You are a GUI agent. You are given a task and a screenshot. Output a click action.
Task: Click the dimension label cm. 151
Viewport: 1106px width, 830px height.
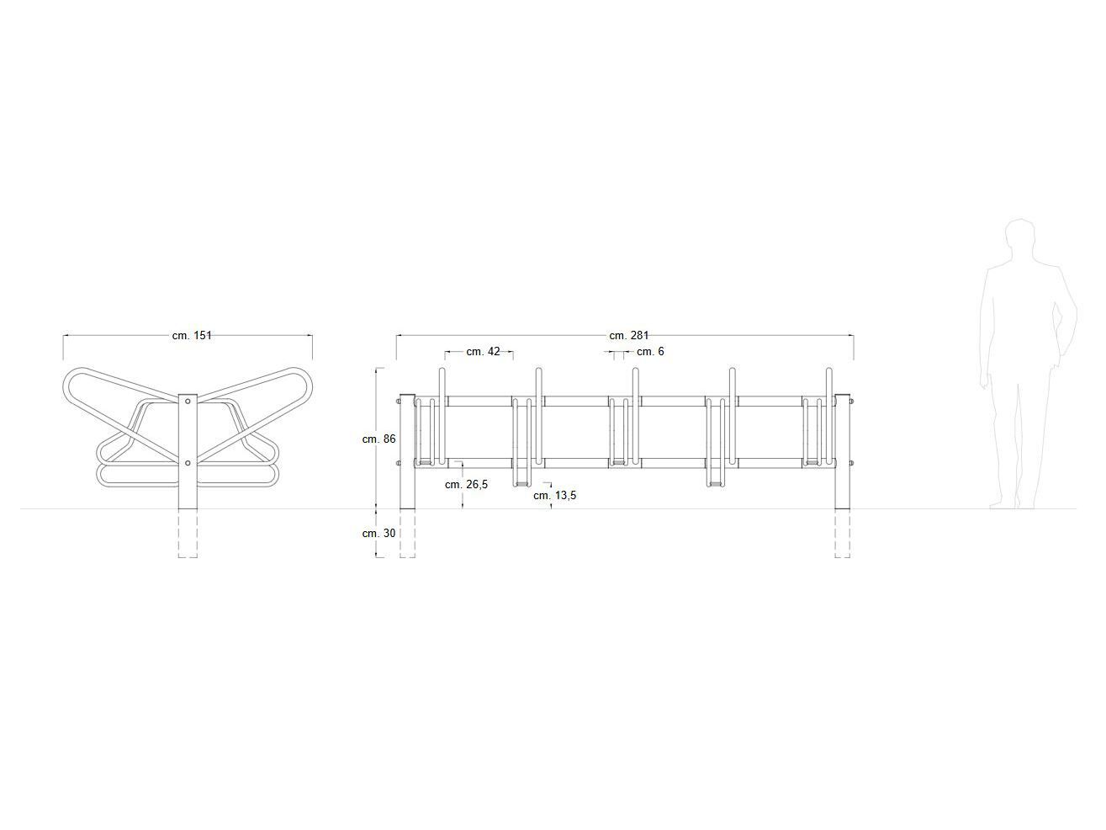click(192, 335)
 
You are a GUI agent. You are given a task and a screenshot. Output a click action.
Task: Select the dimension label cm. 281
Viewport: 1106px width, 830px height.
click(628, 335)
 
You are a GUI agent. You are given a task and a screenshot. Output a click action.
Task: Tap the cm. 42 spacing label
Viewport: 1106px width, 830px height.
click(483, 351)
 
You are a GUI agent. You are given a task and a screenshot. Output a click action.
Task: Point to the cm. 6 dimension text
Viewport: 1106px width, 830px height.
click(649, 351)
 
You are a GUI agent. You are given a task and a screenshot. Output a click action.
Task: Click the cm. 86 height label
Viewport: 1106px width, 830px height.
click(378, 439)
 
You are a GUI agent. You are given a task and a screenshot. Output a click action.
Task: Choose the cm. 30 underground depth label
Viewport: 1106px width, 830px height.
click(378, 533)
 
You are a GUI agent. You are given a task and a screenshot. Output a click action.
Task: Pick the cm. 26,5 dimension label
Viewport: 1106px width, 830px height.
click(466, 484)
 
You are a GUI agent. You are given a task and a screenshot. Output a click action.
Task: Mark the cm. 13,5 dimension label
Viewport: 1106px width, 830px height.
click(554, 495)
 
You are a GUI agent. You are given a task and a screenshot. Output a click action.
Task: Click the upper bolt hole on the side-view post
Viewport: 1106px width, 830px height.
click(188, 402)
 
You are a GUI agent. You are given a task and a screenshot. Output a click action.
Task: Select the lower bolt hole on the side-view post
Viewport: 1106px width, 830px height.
click(188, 462)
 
